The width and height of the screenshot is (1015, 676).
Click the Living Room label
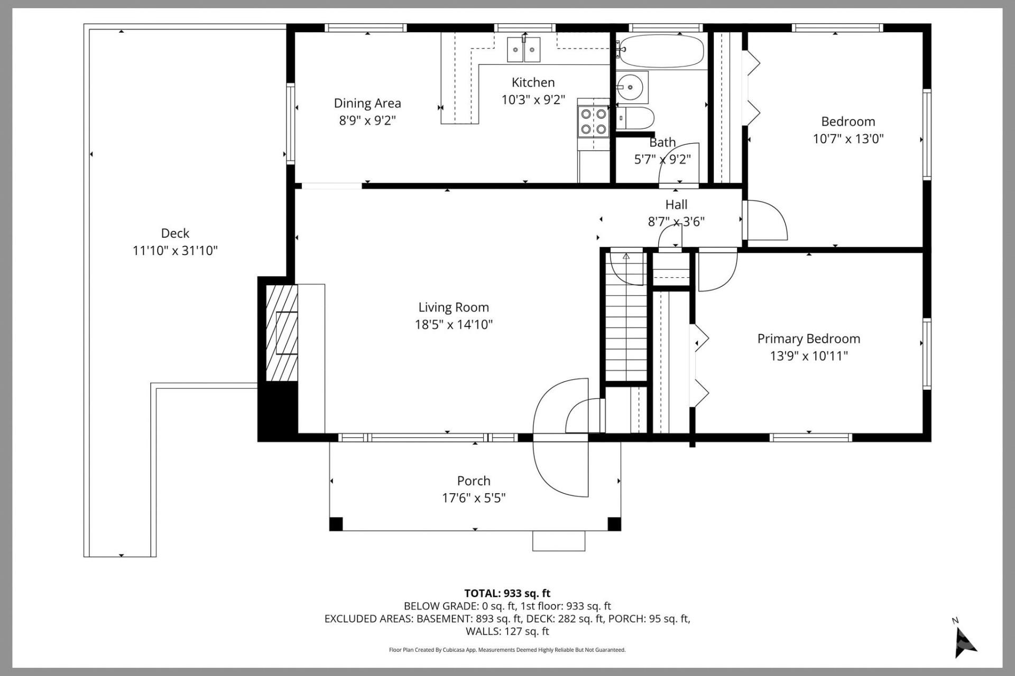pyautogui.click(x=454, y=307)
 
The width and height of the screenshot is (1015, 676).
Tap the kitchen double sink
pyautogui.click(x=524, y=50)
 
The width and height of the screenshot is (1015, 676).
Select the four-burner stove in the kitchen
pyautogui.click(x=593, y=121)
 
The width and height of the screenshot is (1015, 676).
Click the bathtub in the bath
pyautogui.click(x=661, y=51)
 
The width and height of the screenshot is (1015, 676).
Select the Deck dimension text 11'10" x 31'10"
pyautogui.click(x=175, y=250)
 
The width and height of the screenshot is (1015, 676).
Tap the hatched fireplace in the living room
pyautogui.click(x=281, y=333)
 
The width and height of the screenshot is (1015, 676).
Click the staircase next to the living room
pyautogui.click(x=626, y=327)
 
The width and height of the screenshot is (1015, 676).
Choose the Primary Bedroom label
pyautogui.click(x=808, y=339)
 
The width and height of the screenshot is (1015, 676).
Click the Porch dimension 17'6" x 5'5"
pyautogui.click(x=474, y=498)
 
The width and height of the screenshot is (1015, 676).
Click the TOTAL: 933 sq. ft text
pyautogui.click(x=507, y=593)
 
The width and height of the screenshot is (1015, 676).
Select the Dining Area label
pyautogui.click(x=367, y=103)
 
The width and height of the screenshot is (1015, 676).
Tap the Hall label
pyautogui.click(x=676, y=204)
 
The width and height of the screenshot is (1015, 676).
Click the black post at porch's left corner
pyautogui.click(x=336, y=524)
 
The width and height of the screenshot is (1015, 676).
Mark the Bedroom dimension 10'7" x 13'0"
pyautogui.click(x=848, y=139)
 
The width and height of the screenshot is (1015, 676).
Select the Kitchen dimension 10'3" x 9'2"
pyautogui.click(x=533, y=100)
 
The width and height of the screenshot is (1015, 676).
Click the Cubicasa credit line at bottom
pyautogui.click(x=507, y=650)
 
